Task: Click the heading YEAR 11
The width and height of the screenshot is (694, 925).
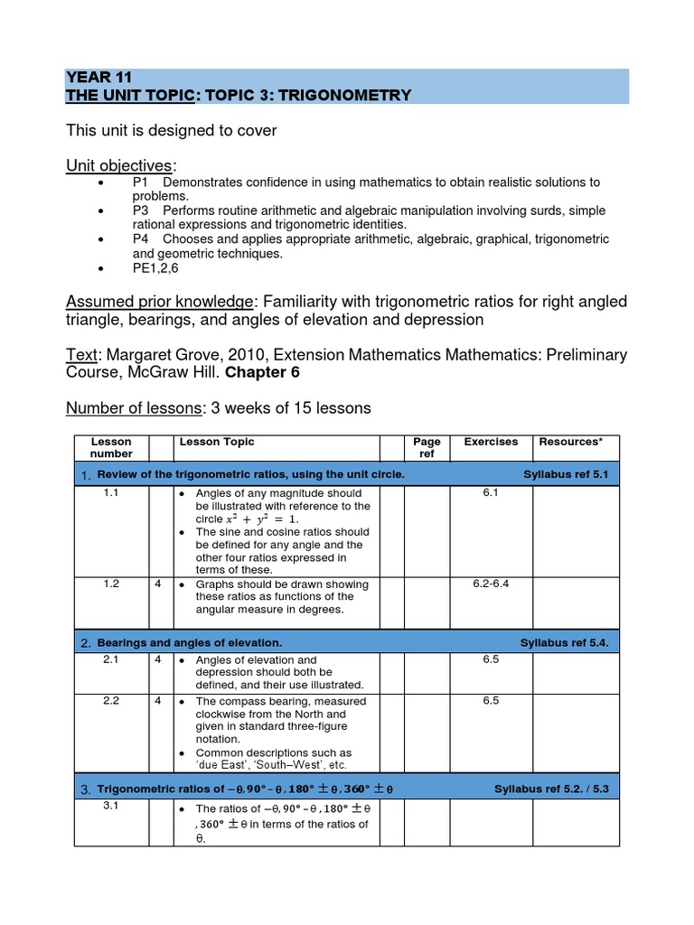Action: point(99,78)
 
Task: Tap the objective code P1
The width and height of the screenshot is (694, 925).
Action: point(141,182)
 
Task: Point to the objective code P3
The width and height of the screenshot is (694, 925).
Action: point(141,210)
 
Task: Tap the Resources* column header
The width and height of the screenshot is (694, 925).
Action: point(571,442)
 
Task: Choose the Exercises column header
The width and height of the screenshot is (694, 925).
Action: point(491,442)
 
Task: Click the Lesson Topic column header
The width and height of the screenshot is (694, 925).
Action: point(217,442)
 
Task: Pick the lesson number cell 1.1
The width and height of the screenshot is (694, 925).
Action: point(111,493)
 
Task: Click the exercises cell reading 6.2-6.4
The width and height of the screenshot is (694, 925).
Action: point(491,584)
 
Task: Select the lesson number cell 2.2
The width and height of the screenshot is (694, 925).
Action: point(111,701)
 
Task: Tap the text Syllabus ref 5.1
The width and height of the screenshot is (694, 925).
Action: point(568,474)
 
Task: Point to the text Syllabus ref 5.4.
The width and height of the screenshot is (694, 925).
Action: point(566,642)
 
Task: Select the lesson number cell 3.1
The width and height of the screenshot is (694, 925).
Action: point(111,805)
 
